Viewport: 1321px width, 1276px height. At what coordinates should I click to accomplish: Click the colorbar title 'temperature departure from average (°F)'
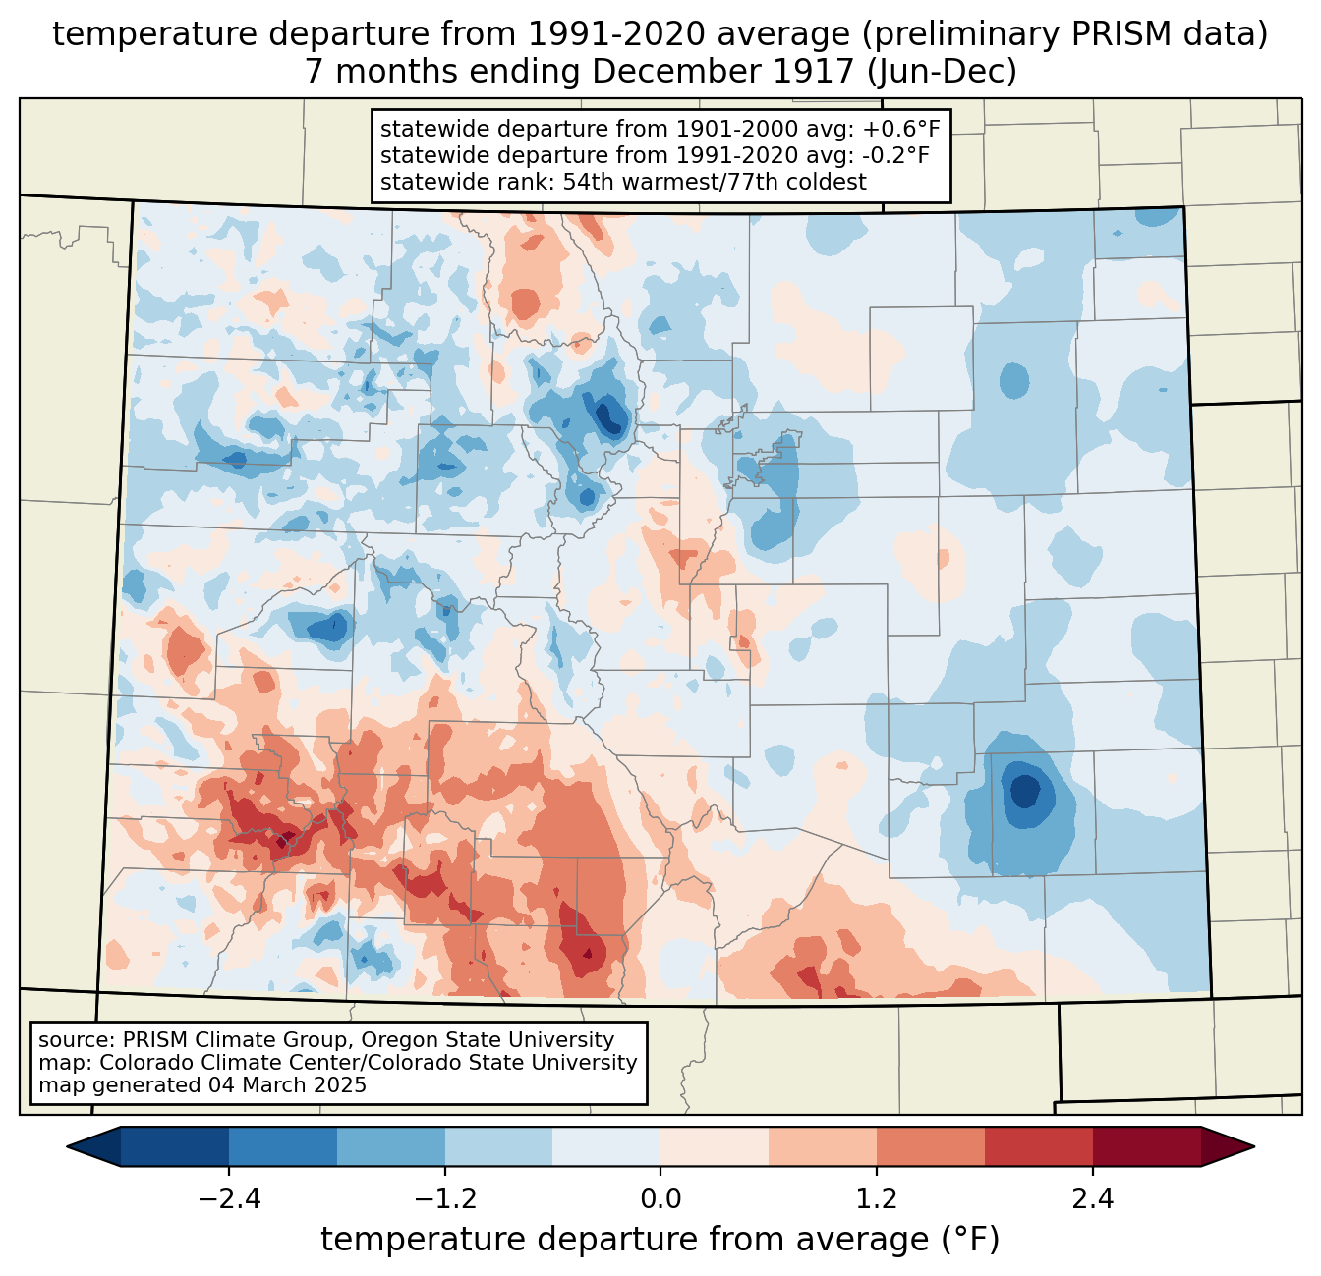pyautogui.click(x=660, y=1240)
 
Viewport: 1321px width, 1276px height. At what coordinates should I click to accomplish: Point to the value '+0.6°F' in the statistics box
pyautogui.click(x=900, y=130)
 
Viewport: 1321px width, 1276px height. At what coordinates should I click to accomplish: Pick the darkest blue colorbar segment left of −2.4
pyautogui.click(x=175, y=1146)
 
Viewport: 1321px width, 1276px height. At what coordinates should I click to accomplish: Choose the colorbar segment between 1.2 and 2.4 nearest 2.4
pyautogui.click(x=1038, y=1146)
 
